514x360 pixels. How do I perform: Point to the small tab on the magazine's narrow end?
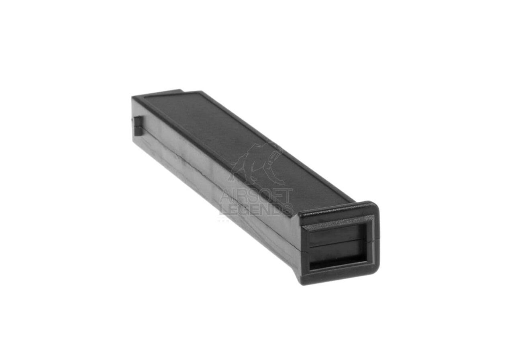coord(138,125)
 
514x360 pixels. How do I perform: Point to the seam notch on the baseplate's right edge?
coord(377,241)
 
